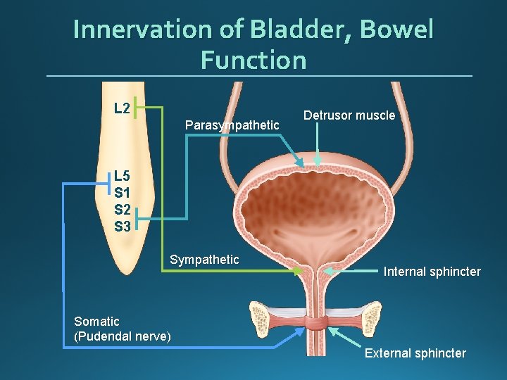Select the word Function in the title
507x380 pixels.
coord(254,60)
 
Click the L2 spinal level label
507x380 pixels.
coord(122,108)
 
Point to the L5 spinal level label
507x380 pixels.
coord(122,176)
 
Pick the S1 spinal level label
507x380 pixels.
coord(122,192)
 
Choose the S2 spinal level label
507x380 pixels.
coord(122,209)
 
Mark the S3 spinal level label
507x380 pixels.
coord(122,226)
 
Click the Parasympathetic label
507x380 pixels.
coord(232,125)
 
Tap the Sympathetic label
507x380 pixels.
coord(204,260)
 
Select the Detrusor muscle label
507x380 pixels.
coord(349,115)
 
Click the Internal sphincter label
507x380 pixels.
coord(432,271)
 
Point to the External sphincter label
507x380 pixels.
coord(415,353)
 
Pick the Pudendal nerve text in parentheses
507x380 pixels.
coord(123,336)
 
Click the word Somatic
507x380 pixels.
coord(96,322)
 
